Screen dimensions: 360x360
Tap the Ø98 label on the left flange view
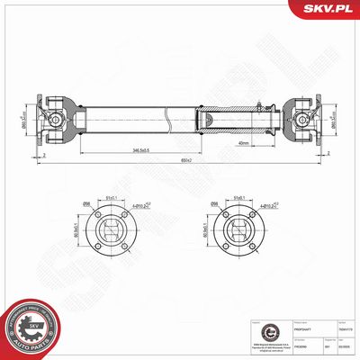88,204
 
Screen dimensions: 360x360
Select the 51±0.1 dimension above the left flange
112,199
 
